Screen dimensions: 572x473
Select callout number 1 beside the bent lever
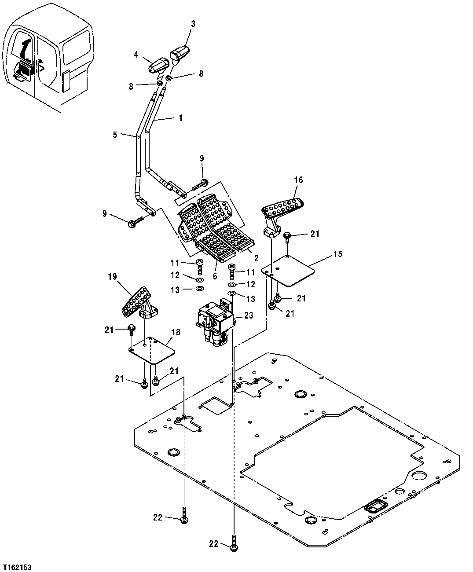(x=180, y=118)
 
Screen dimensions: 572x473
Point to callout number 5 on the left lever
(x=115, y=134)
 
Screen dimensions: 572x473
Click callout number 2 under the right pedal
(x=257, y=258)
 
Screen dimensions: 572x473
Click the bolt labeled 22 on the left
(x=183, y=516)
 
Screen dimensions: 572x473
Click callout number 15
(x=337, y=254)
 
